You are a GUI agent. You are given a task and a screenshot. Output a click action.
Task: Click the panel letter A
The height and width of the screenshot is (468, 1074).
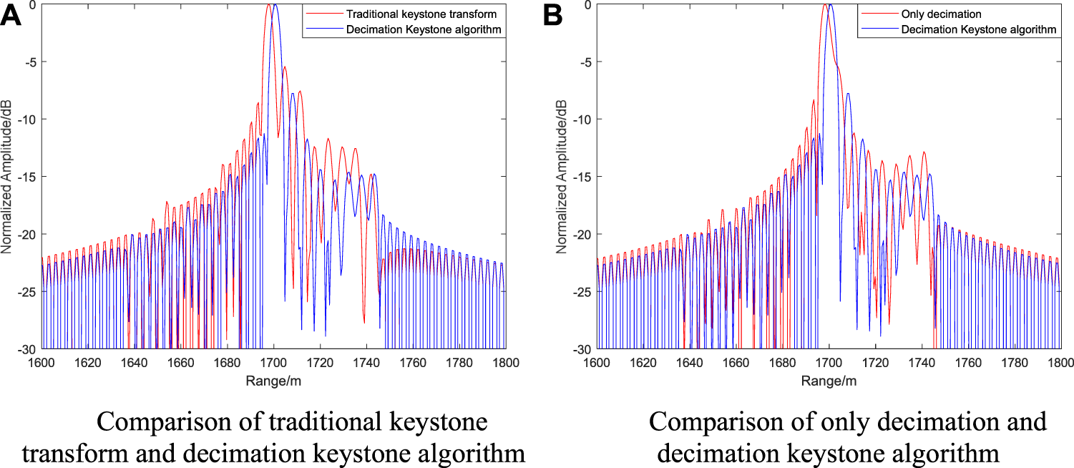pyautogui.click(x=13, y=16)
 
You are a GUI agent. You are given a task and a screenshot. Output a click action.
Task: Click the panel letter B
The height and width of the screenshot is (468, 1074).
pyautogui.click(x=555, y=16)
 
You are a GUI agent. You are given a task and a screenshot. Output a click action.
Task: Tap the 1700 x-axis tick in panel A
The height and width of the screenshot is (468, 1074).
pyautogui.click(x=273, y=363)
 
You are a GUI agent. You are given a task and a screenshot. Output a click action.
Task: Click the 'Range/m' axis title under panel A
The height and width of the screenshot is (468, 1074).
pyautogui.click(x=273, y=381)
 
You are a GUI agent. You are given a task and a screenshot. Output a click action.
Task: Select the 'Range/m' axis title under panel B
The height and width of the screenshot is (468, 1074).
pyautogui.click(x=829, y=381)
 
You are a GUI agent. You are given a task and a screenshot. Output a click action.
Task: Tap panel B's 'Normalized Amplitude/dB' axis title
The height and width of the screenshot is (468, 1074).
pyautogui.click(x=563, y=177)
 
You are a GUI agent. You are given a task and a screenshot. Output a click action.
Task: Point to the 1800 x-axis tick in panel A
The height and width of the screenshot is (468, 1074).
pyautogui.click(x=505, y=363)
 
